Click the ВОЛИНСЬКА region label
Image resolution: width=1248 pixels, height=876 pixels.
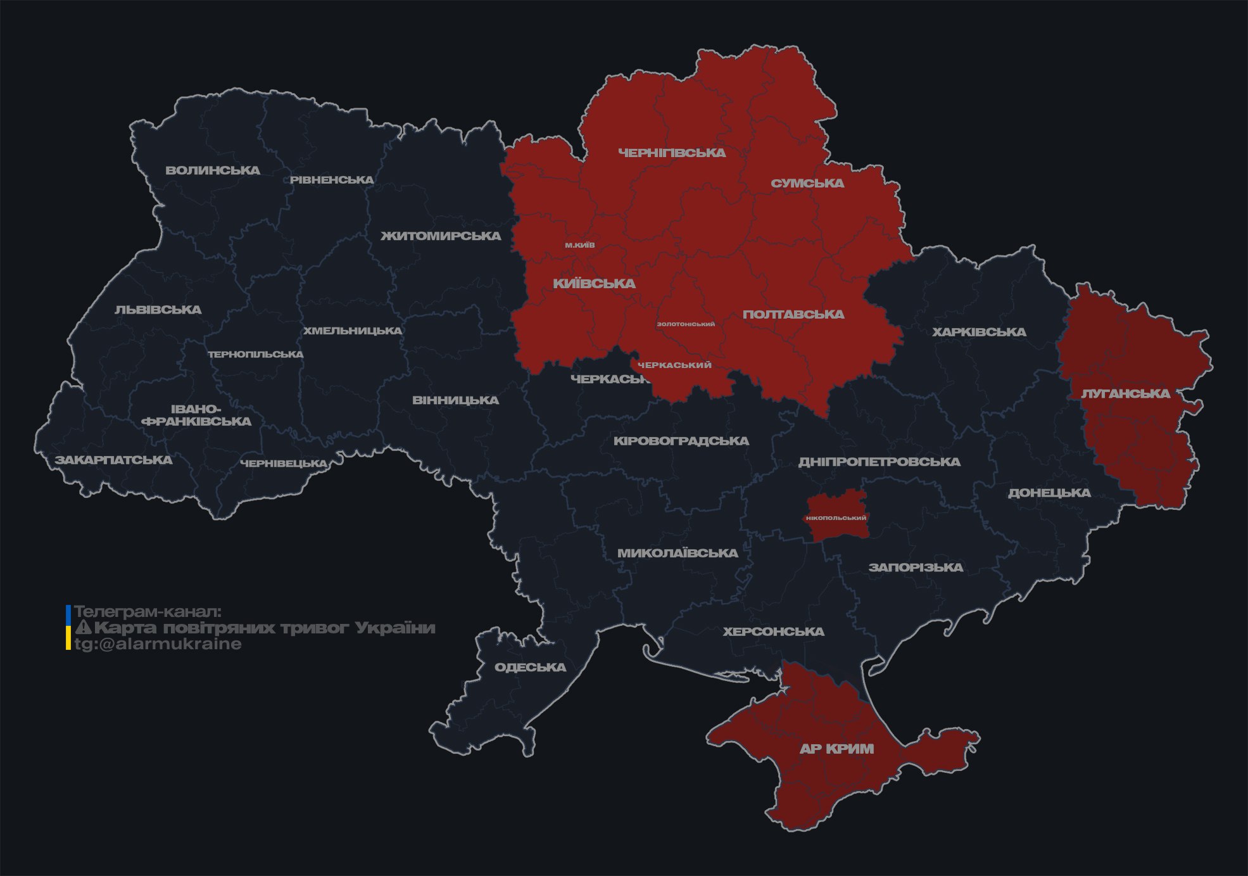pyautogui.click(x=213, y=170)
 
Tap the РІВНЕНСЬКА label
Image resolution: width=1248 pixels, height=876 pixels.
pyautogui.click(x=332, y=180)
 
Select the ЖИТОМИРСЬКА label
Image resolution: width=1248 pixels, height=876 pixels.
pyautogui.click(x=441, y=236)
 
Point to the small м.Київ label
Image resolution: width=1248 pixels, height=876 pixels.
pyautogui.click(x=580, y=245)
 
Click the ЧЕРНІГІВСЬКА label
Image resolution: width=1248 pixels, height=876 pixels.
pyautogui.click(x=672, y=153)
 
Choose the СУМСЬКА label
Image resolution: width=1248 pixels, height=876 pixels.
pyautogui.click(x=807, y=184)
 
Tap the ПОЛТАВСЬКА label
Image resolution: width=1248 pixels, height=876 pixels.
pyautogui.click(x=793, y=314)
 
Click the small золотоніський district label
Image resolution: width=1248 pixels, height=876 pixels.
pyautogui.click(x=686, y=324)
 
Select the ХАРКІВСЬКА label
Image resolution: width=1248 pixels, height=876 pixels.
pyautogui.click(x=979, y=332)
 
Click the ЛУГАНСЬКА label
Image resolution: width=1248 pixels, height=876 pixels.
pyautogui.click(x=1125, y=393)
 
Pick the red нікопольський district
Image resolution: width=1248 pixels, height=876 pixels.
pyautogui.click(x=836, y=517)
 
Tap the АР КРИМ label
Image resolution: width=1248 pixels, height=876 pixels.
pyautogui.click(x=836, y=749)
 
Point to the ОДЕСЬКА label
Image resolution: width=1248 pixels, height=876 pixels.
pyautogui.click(x=530, y=667)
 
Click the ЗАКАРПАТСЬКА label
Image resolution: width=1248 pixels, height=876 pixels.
pyautogui.click(x=113, y=460)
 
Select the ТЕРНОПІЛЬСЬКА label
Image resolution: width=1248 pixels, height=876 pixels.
pyautogui.click(x=256, y=355)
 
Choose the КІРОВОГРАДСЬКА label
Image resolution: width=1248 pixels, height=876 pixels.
pyautogui.click(x=681, y=441)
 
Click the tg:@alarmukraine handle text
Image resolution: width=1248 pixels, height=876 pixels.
pyautogui.click(x=158, y=644)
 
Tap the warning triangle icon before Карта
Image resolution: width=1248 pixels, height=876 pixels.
pyautogui.click(x=84, y=628)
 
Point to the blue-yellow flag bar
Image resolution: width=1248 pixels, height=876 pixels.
pyautogui.click(x=68, y=627)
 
